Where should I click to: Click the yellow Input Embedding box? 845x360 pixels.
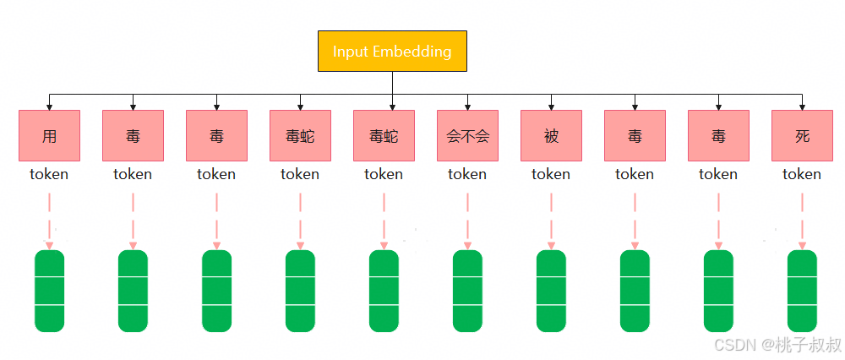click(391, 51)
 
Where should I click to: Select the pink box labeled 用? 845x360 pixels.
click(49, 135)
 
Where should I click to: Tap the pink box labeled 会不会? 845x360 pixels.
click(467, 135)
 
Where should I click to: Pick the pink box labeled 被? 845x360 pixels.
click(551, 135)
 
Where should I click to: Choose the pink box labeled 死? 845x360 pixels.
click(802, 135)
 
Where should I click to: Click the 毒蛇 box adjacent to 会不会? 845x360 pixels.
click(384, 135)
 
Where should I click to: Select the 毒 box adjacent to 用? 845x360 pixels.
click(133, 135)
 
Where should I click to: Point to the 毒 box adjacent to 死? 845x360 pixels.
click(718, 135)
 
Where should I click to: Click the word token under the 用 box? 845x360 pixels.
click(49, 174)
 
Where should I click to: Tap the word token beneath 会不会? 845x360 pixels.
click(467, 174)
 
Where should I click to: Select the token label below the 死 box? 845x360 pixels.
click(802, 174)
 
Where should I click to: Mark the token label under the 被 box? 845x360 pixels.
click(551, 174)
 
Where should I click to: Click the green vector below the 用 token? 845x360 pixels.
click(49, 291)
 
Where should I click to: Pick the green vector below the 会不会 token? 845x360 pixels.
click(467, 291)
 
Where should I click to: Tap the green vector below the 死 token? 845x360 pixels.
click(802, 291)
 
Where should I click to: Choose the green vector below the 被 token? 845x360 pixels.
click(551, 291)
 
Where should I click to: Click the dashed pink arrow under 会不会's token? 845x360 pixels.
click(467, 220)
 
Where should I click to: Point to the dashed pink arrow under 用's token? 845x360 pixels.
click(49, 220)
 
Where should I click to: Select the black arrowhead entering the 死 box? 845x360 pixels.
click(802, 106)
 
